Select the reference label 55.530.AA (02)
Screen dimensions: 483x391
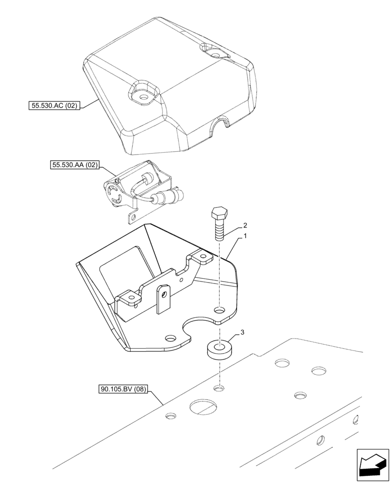(74, 165)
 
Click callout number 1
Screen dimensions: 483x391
(245, 236)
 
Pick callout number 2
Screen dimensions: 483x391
(245, 225)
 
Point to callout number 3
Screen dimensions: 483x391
(244, 333)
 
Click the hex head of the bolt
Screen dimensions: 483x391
(219, 213)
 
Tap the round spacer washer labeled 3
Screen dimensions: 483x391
(220, 350)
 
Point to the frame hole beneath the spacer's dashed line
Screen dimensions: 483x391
(219, 387)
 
